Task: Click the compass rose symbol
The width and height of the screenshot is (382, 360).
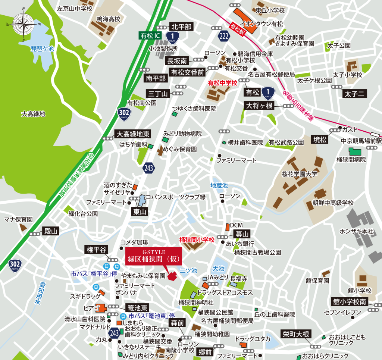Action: click(23, 25)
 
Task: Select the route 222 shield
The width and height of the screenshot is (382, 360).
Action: click(223, 36)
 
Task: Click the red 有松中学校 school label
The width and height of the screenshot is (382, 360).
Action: click(222, 83)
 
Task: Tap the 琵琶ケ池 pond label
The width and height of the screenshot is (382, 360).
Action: click(42, 48)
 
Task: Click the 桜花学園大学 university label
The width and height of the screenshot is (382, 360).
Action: click(299, 174)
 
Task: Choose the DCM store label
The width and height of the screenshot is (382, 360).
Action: click(237, 225)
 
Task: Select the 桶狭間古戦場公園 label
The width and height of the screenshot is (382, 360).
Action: click(257, 253)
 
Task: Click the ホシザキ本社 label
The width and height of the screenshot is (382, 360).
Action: click(356, 231)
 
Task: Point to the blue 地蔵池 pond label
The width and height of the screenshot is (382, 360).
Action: click(219, 185)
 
